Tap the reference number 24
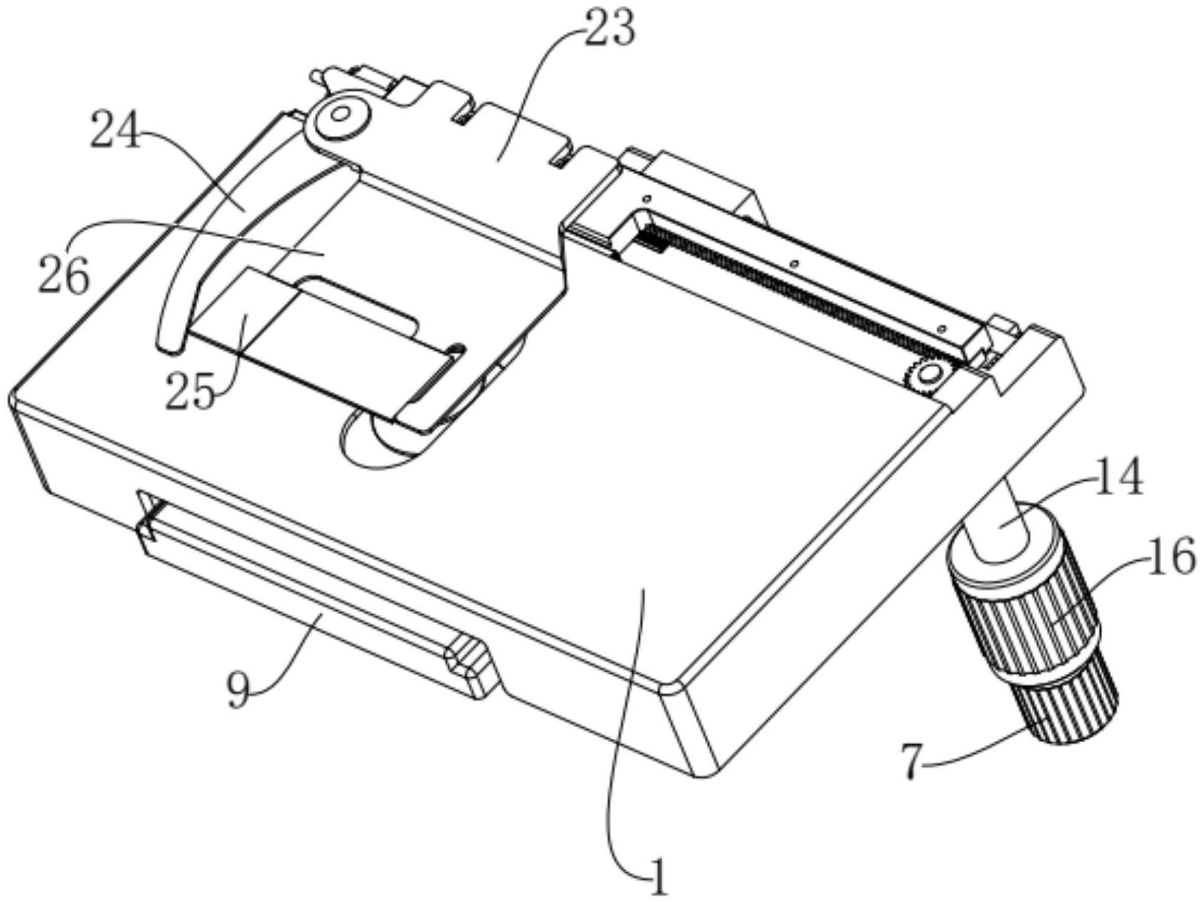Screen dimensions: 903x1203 coord(116,131)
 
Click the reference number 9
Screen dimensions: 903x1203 coord(239,689)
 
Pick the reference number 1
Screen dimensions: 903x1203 coord(658,876)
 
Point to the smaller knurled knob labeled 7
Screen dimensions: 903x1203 coord(1071,707)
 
